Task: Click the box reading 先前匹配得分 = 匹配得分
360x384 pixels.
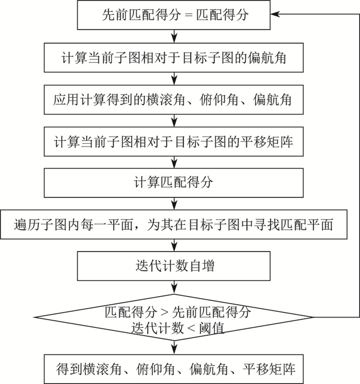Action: [174, 15]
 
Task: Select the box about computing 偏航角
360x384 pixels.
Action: [174, 58]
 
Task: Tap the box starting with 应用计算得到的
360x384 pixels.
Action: [174, 100]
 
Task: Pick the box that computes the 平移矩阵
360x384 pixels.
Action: [174, 142]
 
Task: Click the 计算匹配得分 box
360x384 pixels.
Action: [174, 183]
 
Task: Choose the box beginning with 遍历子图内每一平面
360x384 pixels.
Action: [174, 224]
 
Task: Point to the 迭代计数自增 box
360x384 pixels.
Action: [174, 266]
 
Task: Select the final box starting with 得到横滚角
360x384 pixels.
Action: [174, 369]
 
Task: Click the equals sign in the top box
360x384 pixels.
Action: [189, 15]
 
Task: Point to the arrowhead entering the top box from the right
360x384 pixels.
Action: [275, 14]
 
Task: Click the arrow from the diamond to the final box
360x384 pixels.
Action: [174, 347]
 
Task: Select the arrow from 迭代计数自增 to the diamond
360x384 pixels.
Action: [174, 287]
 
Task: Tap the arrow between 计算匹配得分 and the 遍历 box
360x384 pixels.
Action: [174, 203]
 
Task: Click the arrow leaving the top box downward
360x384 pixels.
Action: [174, 36]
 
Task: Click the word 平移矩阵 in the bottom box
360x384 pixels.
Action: [269, 369]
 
